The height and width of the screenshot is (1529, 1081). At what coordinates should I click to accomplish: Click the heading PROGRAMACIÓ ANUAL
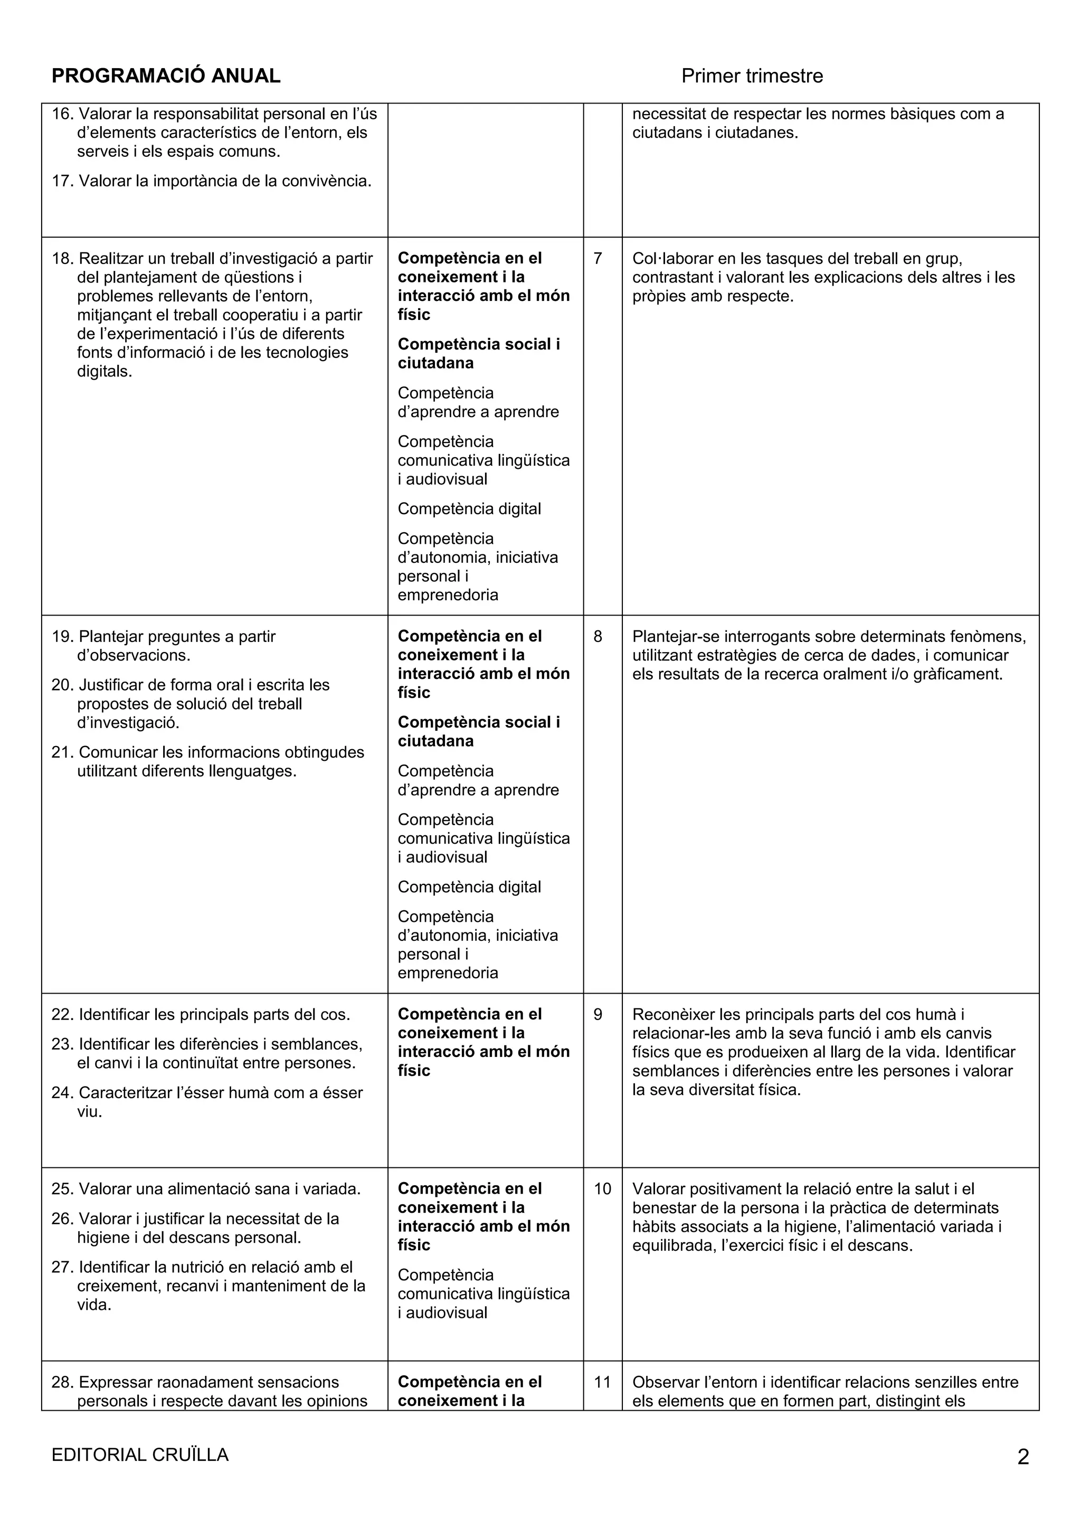tap(166, 76)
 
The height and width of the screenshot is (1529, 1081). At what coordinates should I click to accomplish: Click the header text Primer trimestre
tap(752, 76)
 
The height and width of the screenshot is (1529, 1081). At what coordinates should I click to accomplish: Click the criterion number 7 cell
tap(598, 258)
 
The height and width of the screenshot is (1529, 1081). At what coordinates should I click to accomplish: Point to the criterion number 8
tap(598, 637)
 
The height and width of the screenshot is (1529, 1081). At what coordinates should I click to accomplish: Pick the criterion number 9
tap(598, 1014)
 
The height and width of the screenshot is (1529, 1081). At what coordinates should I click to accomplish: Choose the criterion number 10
tap(602, 1188)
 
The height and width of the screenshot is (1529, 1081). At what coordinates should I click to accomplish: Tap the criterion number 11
tap(602, 1382)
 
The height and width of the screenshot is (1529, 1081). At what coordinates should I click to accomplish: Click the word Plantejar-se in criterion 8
tap(676, 637)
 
